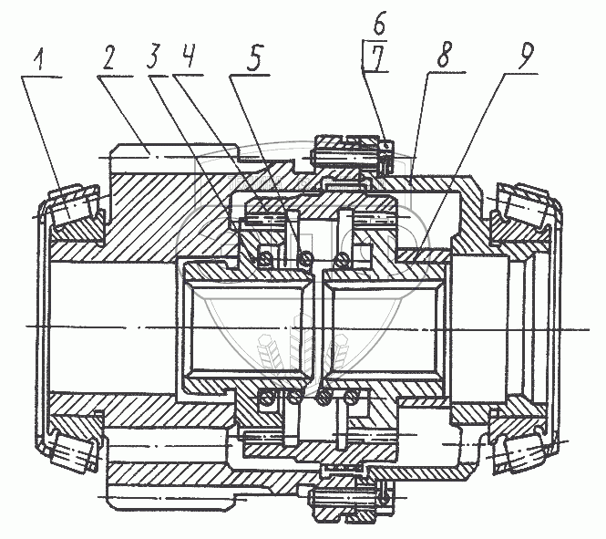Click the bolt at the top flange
click(x=346, y=152)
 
